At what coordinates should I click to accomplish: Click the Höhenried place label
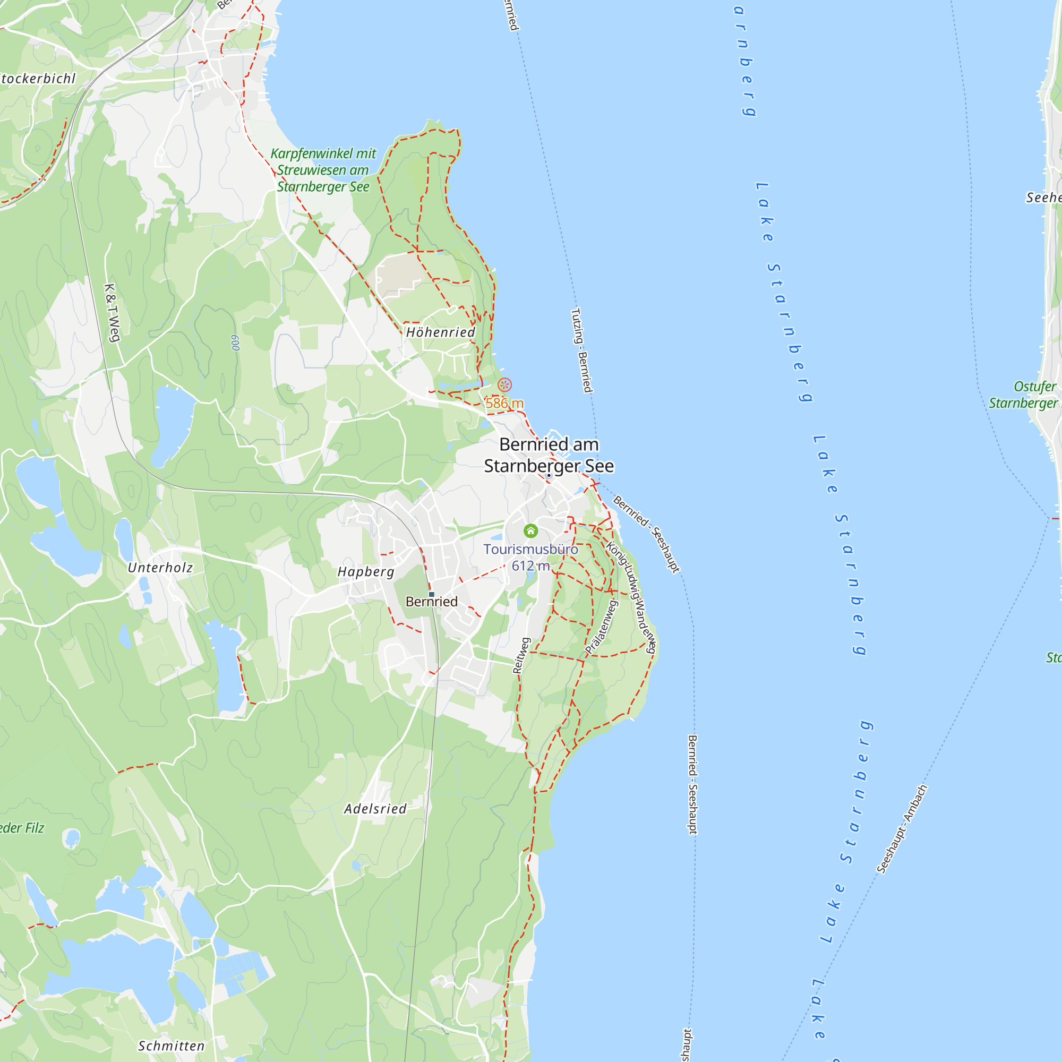[440, 332]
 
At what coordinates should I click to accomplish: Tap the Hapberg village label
[366, 572]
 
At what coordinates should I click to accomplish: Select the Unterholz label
[160, 568]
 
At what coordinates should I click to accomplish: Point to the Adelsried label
[375, 809]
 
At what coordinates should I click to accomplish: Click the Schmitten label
[171, 1046]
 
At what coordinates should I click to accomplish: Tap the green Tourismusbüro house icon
[530, 530]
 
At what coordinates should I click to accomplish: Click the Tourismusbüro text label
[530, 549]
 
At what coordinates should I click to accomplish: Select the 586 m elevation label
[504, 404]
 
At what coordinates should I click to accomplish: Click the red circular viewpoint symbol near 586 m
[504, 385]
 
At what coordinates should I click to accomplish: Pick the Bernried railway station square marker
[432, 594]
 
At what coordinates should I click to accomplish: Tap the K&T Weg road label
[112, 313]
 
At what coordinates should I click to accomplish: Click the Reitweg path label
[521, 655]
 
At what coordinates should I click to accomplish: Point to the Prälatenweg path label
[602, 627]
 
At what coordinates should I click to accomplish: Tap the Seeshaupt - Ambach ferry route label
[902, 829]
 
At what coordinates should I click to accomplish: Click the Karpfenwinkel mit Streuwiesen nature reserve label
[323, 170]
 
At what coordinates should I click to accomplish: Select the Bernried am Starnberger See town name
[549, 455]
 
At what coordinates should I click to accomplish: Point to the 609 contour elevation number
[235, 343]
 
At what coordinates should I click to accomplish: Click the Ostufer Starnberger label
[1024, 395]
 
